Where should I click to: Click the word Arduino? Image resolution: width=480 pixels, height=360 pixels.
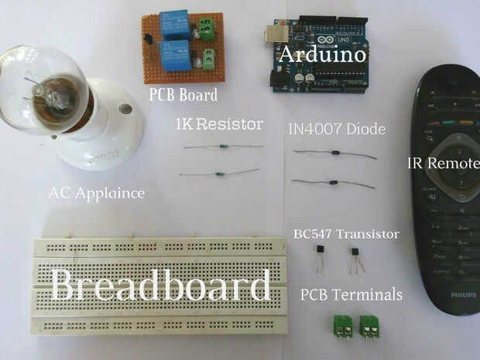321,55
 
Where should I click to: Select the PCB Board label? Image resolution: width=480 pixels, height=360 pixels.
183,96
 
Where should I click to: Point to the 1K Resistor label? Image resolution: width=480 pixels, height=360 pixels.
220,124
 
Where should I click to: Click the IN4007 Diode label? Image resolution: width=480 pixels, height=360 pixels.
336,129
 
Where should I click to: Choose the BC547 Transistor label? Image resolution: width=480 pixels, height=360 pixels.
346,234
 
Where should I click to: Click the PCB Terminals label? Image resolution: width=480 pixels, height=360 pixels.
351,294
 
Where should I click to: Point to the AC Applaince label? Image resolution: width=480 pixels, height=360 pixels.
96,193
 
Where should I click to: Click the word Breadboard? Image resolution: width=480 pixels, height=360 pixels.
161,287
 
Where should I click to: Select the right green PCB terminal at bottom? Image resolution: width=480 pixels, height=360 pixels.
372,326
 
